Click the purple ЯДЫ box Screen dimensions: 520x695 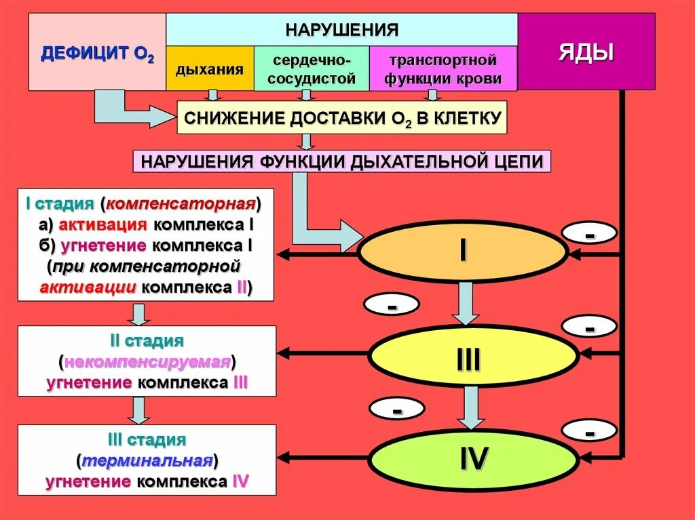586,52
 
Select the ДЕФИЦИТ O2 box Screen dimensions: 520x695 97,52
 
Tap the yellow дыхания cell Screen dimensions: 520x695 210,69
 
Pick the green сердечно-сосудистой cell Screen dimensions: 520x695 312,69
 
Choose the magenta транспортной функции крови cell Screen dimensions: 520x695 443,69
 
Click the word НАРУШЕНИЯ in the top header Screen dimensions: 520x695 341,29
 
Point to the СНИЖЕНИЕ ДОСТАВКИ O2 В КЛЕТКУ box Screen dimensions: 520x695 342,118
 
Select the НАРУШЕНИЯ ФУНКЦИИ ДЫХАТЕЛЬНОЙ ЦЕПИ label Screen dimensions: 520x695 341,162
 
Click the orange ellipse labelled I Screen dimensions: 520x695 462,252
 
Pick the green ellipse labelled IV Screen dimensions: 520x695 472,459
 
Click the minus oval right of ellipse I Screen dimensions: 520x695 589,233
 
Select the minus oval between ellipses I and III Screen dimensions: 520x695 392,306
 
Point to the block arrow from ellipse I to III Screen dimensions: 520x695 466,302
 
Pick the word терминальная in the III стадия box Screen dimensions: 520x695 147,461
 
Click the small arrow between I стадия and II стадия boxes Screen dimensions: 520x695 139,313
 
